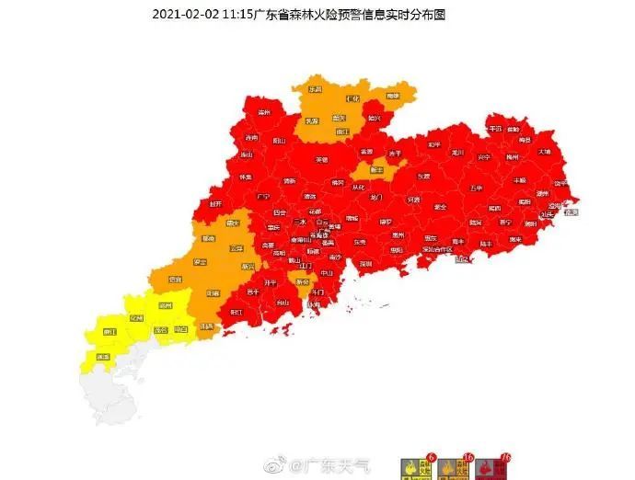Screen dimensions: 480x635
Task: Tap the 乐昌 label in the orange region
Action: click(316, 89)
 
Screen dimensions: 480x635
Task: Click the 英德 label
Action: click(321, 159)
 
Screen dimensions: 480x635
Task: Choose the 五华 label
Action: click(476, 188)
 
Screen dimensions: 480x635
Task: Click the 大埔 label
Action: click(545, 151)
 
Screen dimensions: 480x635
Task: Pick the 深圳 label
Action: click(365, 263)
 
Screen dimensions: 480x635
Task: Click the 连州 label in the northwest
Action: click(265, 112)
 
